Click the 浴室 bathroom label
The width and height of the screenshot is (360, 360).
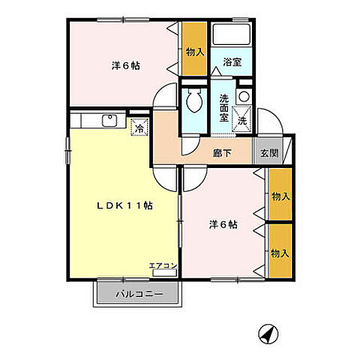point(231,63)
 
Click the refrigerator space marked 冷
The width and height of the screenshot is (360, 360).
point(139,127)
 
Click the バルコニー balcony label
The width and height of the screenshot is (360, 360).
point(139,293)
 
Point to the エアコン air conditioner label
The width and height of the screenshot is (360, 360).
point(163,265)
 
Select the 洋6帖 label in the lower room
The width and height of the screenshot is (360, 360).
point(223,223)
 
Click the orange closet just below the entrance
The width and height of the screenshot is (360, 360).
point(280,195)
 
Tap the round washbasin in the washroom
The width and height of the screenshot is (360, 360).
point(242,97)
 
